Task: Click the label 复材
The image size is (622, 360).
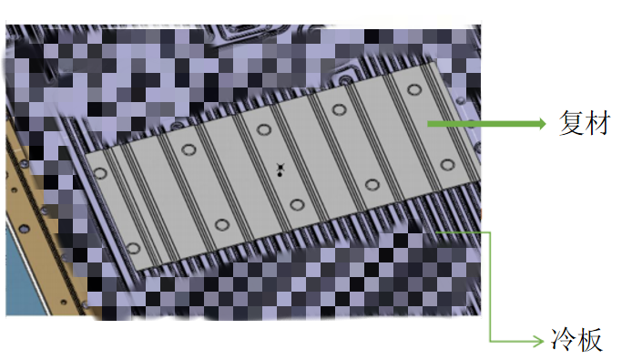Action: (x=585, y=123)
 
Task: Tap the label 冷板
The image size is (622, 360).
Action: (x=576, y=340)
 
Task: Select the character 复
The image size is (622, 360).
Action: (x=571, y=123)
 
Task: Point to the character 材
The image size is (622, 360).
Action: (x=597, y=123)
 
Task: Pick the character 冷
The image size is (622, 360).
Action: (x=564, y=340)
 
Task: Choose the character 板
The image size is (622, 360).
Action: (x=590, y=340)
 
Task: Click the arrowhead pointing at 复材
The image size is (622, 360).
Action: (x=543, y=124)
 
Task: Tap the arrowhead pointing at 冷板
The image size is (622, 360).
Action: (x=539, y=341)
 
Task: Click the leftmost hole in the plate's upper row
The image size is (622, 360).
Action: (x=100, y=173)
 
